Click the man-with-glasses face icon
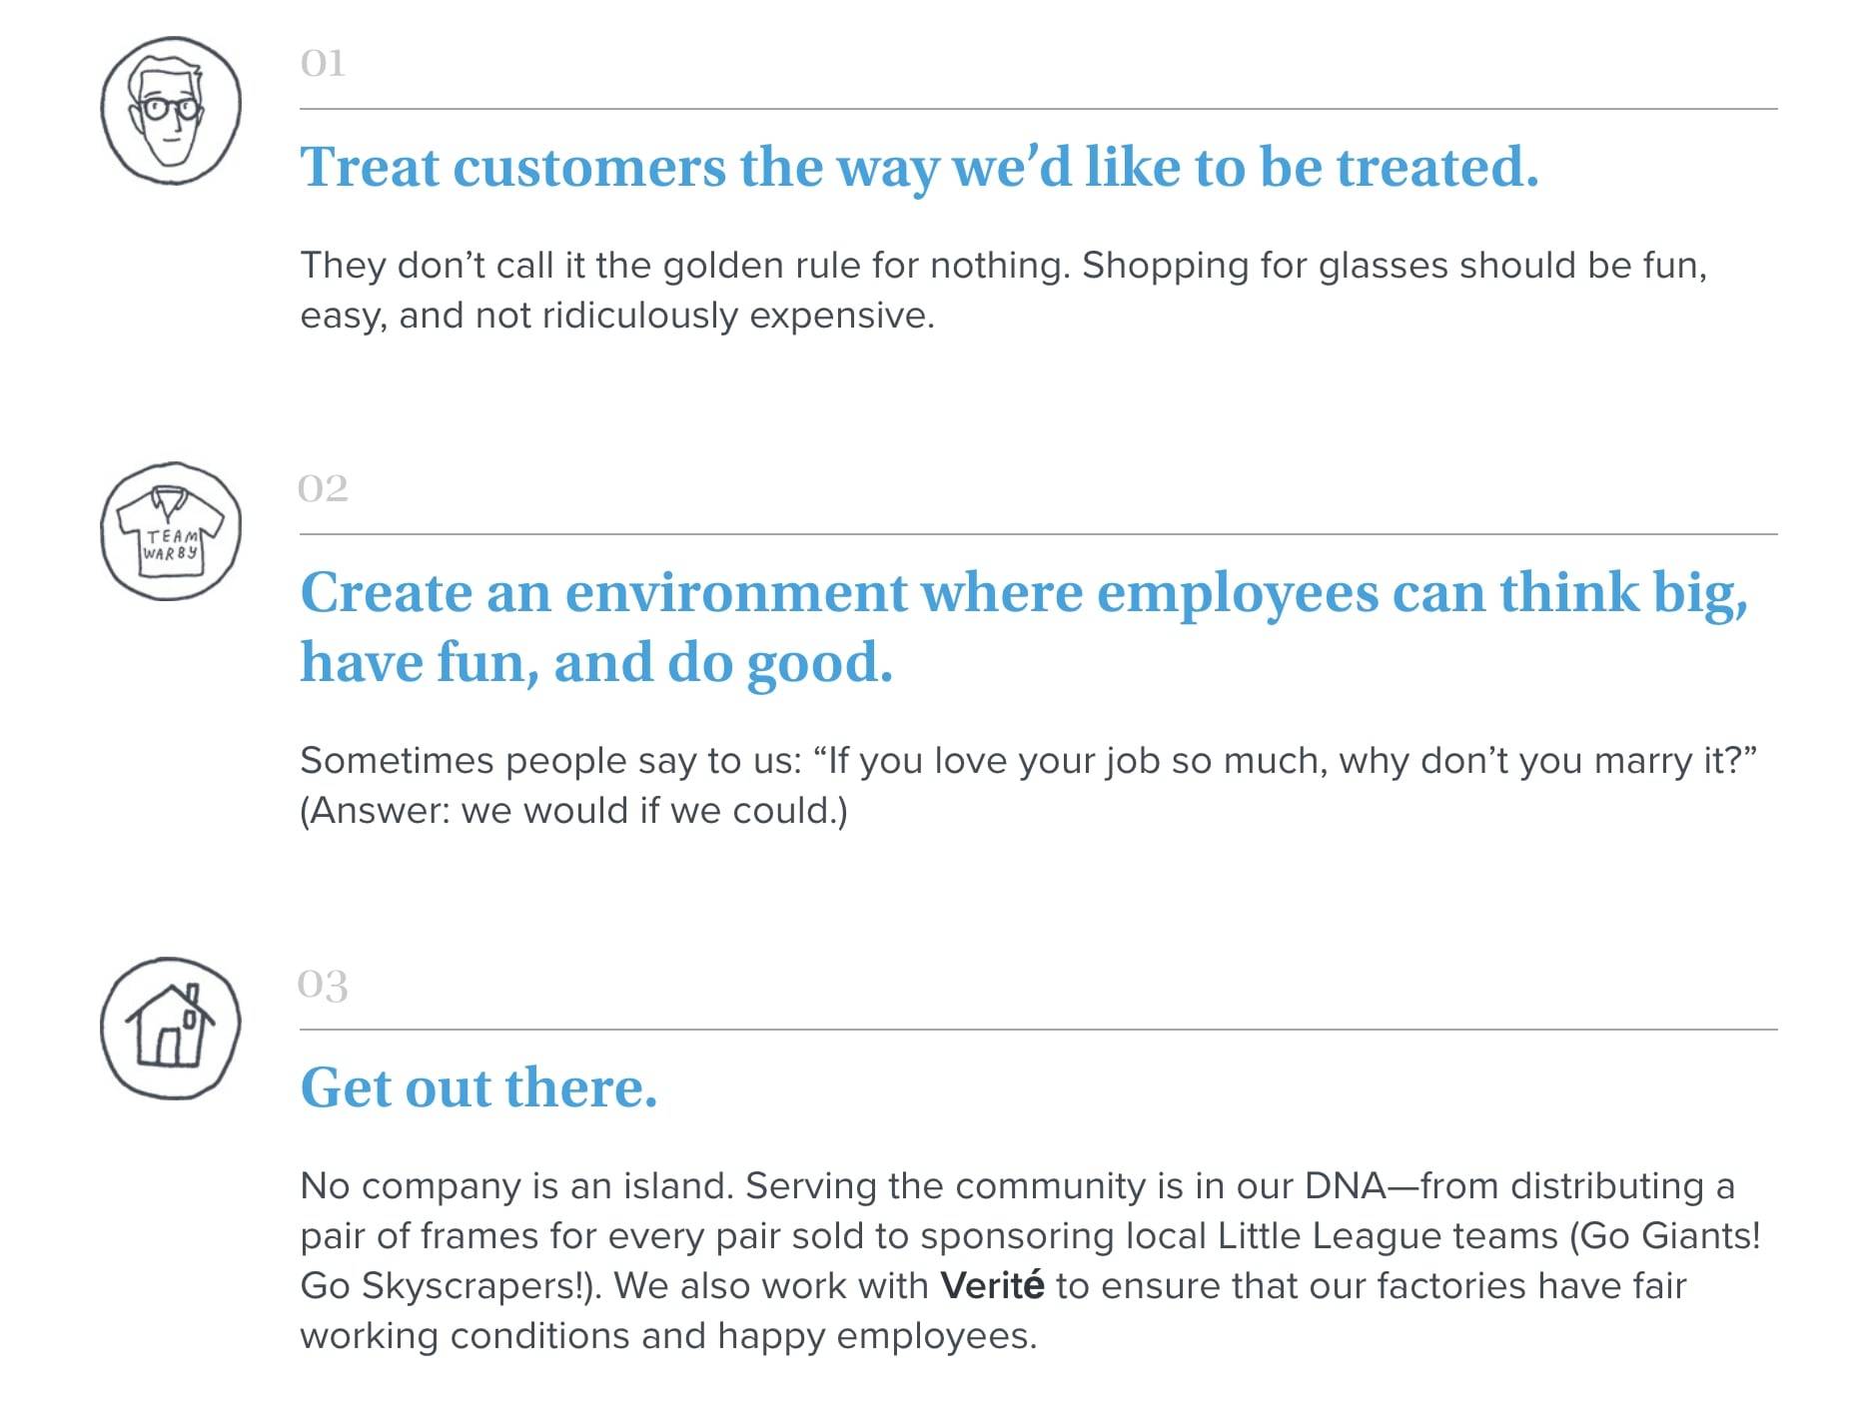171,110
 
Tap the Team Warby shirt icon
171,531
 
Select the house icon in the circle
171,1028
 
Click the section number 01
323,63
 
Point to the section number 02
323,488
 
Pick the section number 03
323,985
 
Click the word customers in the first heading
589,167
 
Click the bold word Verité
992,1285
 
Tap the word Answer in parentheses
380,811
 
